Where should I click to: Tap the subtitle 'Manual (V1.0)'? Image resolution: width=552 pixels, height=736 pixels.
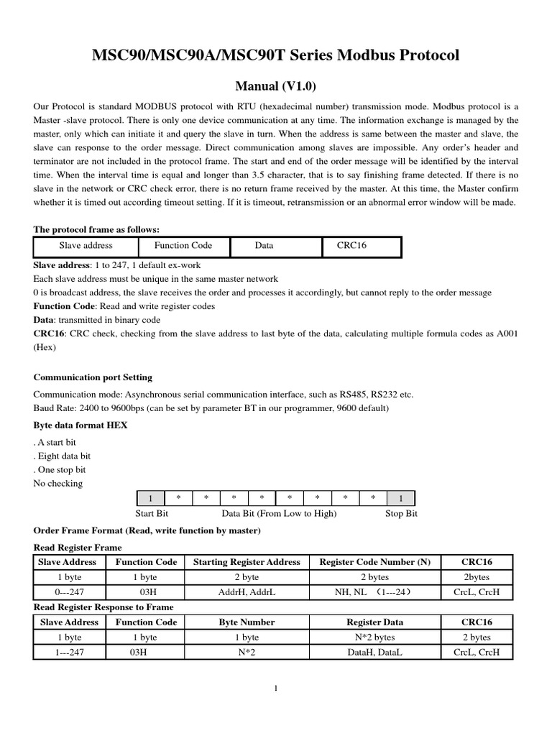[276, 86]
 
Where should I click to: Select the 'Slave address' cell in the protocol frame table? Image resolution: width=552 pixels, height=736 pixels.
[86, 246]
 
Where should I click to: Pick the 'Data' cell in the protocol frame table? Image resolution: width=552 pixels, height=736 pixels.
[264, 246]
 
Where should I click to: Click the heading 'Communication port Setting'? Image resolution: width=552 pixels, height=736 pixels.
[93, 377]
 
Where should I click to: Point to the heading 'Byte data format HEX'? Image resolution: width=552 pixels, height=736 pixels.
[80, 425]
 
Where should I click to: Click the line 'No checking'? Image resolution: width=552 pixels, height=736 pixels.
[58, 483]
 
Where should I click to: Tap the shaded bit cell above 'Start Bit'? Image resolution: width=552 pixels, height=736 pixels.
[150, 498]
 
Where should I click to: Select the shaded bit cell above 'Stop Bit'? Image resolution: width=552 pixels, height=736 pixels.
[401, 498]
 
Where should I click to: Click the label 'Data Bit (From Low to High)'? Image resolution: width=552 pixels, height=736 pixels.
[279, 514]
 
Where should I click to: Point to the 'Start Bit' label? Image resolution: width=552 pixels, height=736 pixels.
[152, 514]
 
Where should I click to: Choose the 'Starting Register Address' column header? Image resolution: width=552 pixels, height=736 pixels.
[247, 562]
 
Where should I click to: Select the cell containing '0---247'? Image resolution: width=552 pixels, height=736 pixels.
[69, 592]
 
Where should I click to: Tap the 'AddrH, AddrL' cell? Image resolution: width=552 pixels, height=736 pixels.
[247, 592]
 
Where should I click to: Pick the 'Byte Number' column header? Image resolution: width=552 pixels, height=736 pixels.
[247, 622]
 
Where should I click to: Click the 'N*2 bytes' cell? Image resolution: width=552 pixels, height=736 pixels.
[374, 638]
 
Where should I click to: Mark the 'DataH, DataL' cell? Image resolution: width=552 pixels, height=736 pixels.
[374, 653]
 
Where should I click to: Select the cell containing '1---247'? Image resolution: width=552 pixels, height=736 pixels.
[69, 653]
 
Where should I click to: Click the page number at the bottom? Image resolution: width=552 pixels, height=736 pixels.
[276, 689]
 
